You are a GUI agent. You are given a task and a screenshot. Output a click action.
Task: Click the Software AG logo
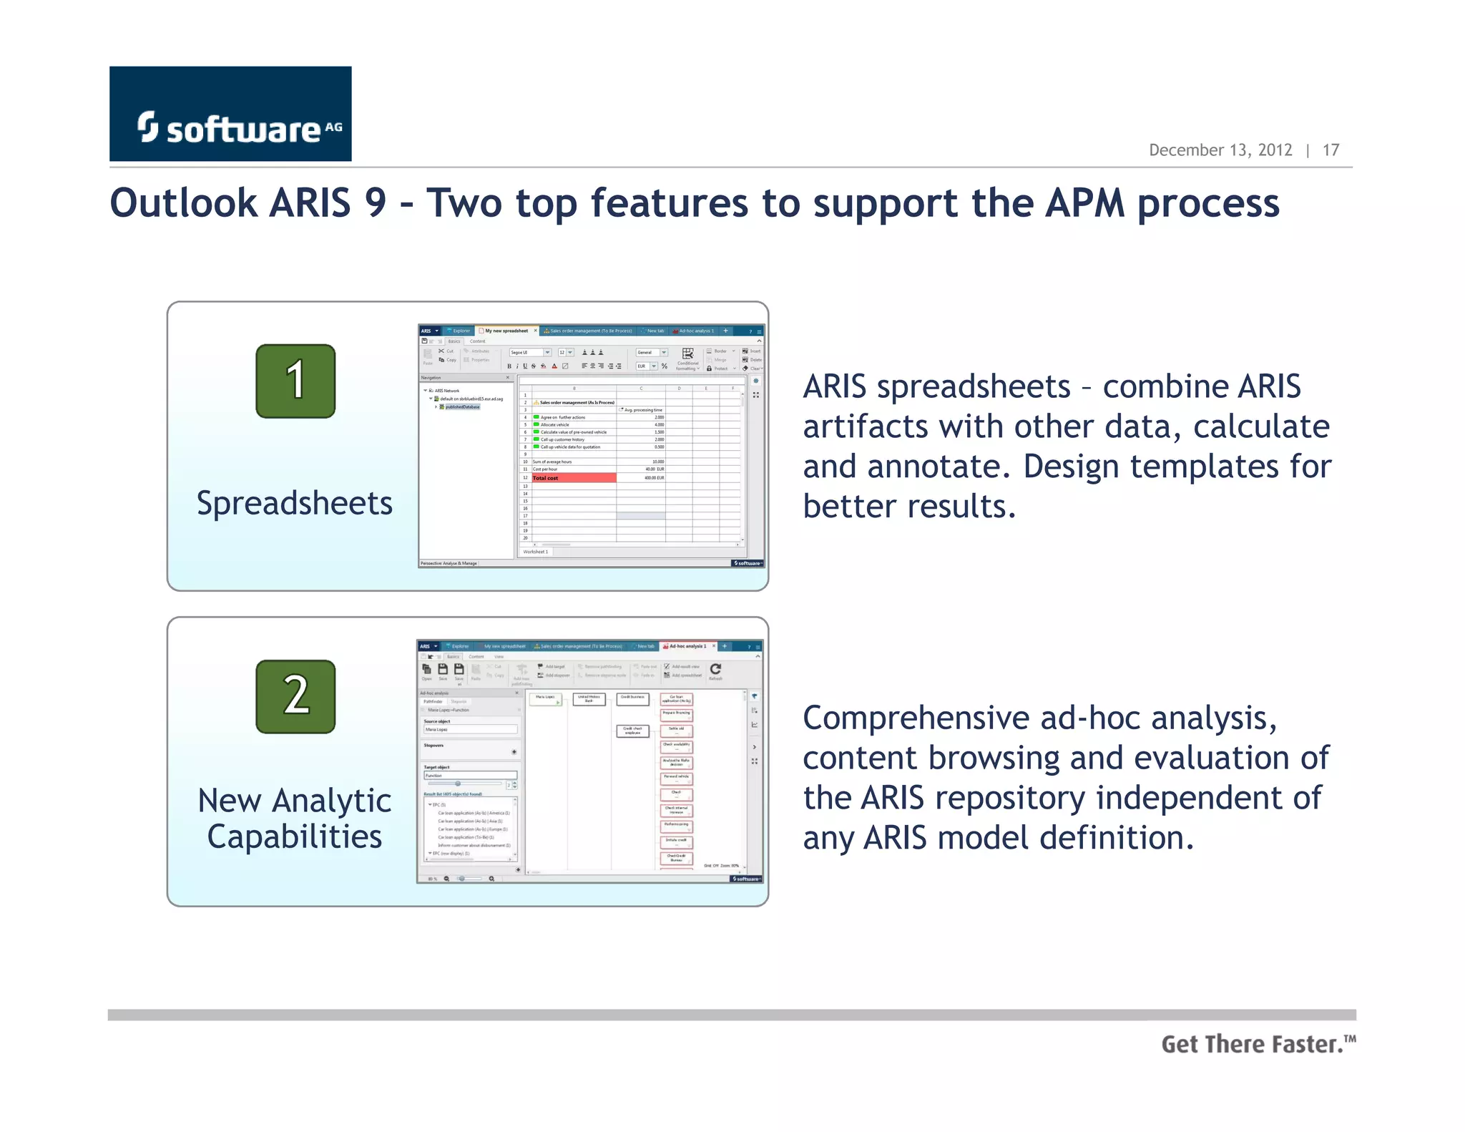coord(230,114)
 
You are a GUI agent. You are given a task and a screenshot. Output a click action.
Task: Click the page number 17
coord(1330,150)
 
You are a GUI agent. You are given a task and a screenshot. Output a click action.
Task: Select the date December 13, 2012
coord(1220,150)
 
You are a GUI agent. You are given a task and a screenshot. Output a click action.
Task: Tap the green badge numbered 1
coord(295,381)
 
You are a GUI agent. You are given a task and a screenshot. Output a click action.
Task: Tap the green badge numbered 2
coord(295,696)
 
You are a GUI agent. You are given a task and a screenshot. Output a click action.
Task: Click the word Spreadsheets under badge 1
coord(294,503)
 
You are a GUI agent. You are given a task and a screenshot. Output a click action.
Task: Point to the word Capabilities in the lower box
coord(294,836)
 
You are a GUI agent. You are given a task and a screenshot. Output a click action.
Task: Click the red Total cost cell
coord(573,477)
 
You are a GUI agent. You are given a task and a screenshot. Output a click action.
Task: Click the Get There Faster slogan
coord(1257,1044)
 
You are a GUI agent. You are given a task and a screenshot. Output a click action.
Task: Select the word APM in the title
coord(1085,203)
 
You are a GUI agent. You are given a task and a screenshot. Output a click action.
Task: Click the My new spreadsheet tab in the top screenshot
coord(506,331)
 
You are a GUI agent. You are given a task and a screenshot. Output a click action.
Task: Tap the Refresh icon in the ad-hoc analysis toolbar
coord(715,669)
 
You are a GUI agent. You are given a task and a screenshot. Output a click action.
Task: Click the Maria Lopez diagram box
coord(545,698)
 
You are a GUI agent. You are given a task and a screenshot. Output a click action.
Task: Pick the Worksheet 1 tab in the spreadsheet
coord(536,552)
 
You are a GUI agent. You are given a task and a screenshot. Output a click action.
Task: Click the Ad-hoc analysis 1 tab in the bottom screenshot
coord(687,646)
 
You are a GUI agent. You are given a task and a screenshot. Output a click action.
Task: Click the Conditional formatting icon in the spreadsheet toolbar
coord(687,354)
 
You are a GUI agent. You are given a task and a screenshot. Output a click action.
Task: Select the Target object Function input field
coord(469,775)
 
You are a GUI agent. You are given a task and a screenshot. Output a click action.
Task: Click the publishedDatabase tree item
coord(462,406)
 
